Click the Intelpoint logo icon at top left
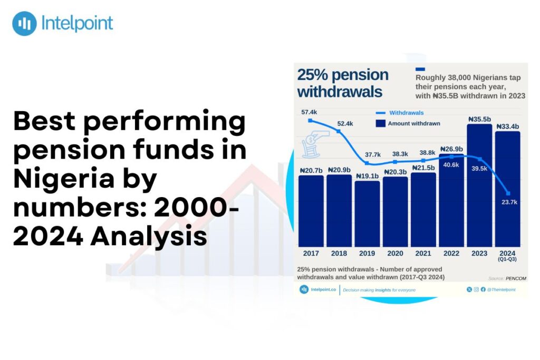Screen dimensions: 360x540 point(24,24)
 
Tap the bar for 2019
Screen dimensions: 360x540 point(367,213)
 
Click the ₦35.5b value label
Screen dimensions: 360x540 point(479,119)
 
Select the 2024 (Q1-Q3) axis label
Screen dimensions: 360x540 point(507,256)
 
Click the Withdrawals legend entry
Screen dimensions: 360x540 point(406,113)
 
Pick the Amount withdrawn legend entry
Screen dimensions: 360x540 point(413,123)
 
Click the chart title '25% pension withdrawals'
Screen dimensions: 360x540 point(343,83)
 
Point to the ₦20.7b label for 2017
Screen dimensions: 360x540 point(311,171)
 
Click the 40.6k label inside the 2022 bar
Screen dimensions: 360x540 point(451,164)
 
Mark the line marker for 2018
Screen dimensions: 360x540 point(339,131)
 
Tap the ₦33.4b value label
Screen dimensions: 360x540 point(507,127)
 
